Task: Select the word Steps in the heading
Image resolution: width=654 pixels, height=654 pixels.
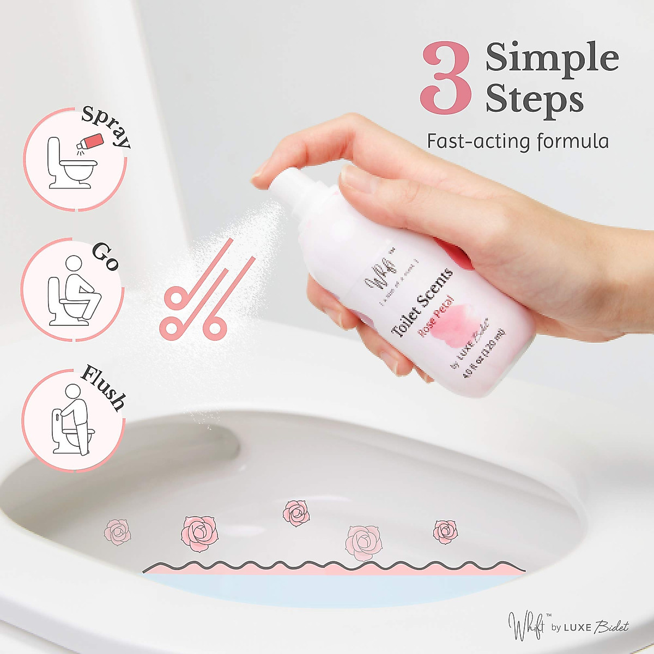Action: click(534, 100)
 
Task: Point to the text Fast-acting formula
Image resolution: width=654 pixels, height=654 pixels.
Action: click(517, 141)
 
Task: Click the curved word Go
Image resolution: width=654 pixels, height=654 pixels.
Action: click(105, 256)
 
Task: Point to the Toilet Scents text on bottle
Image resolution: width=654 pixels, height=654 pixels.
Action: click(422, 303)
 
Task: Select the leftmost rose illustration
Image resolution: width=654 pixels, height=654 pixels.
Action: click(118, 531)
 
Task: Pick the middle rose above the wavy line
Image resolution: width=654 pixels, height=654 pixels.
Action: click(296, 513)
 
